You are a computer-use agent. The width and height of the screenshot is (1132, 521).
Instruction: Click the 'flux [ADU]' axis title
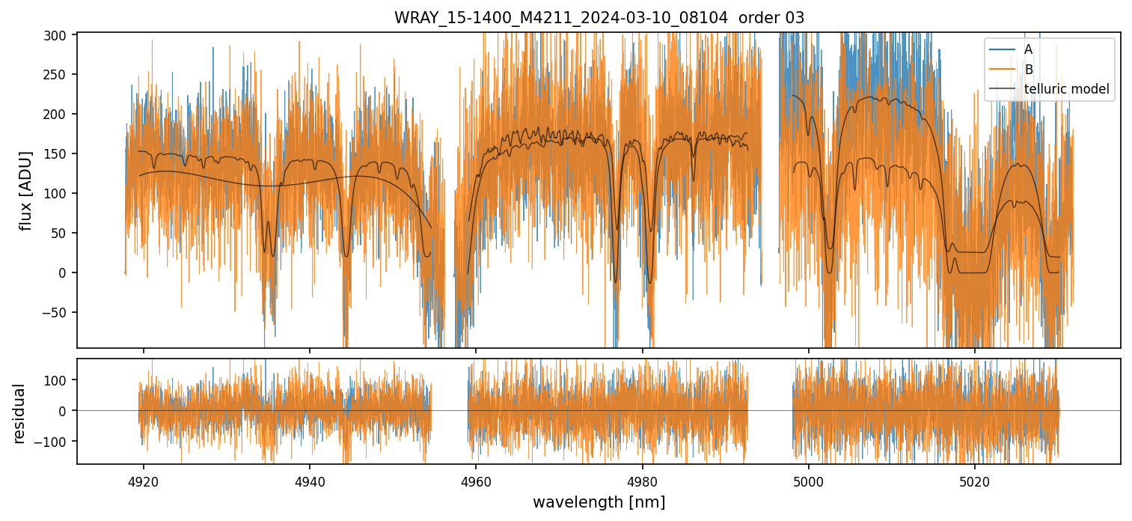click(x=26, y=190)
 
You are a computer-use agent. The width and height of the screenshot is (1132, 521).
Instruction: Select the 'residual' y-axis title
click(x=19, y=413)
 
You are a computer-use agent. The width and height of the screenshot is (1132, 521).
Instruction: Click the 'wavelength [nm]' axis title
click(x=599, y=502)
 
